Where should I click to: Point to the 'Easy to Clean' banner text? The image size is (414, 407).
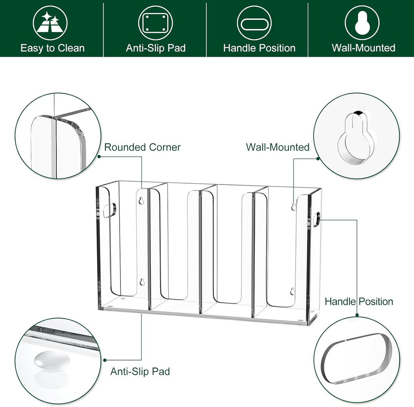[x=53, y=48]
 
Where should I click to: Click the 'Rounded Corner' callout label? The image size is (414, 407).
[x=142, y=147]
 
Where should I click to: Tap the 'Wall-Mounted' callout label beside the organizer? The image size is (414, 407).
[x=278, y=147]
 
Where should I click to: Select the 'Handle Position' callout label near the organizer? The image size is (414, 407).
[x=359, y=301]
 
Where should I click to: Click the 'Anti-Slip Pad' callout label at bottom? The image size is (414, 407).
[x=140, y=371]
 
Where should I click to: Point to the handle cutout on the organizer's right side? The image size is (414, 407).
[x=316, y=219]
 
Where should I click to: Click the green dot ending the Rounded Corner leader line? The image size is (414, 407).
[x=99, y=156]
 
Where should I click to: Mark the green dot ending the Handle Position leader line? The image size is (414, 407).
[x=357, y=316]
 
